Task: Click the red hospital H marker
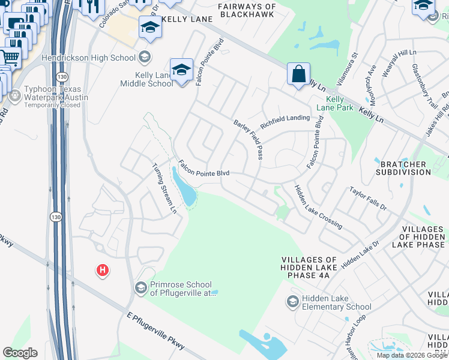pyautogui.click(x=103, y=271)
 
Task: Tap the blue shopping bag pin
pyautogui.click(x=298, y=75)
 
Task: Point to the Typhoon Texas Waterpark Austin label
pyautogui.click(x=56, y=97)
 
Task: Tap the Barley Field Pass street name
pyautogui.click(x=248, y=140)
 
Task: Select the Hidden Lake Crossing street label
pyautogui.click(x=318, y=207)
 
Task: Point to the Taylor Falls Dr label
pyautogui.click(x=369, y=198)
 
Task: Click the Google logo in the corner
pyautogui.click(x=20, y=353)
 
